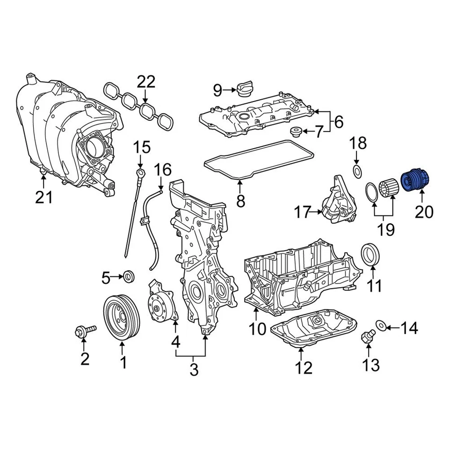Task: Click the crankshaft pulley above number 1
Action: pyautogui.click(x=122, y=317)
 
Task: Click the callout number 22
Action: pyautogui.click(x=145, y=83)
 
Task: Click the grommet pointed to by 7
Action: pyautogui.click(x=296, y=131)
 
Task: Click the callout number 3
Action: pyautogui.click(x=194, y=369)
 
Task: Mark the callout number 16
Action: pyautogui.click(x=163, y=169)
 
